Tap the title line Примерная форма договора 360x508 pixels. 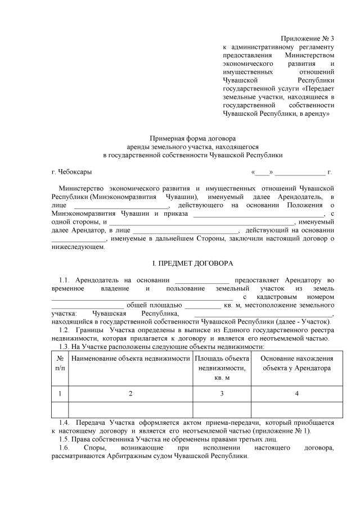(x=192, y=138)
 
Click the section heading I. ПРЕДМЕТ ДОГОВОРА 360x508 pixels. (x=193, y=264)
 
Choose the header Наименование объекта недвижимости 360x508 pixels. (x=130, y=358)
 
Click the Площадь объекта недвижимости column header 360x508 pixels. (x=222, y=368)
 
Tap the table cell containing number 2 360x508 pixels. (x=130, y=393)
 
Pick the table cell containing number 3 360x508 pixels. (x=222, y=393)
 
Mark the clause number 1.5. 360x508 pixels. (x=64, y=438)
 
